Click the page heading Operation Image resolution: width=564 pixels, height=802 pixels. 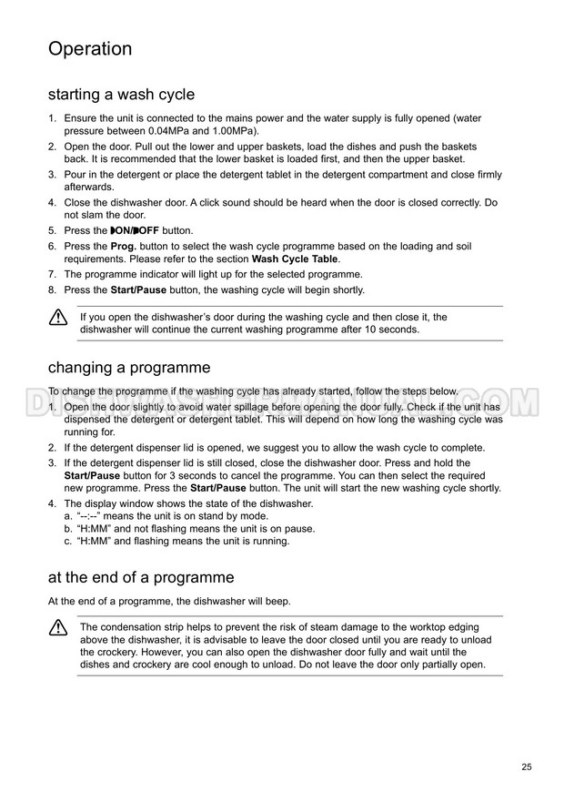[x=90, y=49]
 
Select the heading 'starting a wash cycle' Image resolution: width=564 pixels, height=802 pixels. [x=121, y=94]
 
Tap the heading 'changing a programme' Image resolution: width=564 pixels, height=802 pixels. [x=128, y=368]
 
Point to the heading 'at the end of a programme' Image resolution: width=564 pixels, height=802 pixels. [x=140, y=577]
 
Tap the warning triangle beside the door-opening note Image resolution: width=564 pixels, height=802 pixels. [x=58, y=318]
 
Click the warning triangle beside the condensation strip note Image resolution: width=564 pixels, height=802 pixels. [x=58, y=627]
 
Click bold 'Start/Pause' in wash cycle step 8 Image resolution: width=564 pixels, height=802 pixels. [x=138, y=289]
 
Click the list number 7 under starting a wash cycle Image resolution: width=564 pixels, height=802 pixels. [x=52, y=274]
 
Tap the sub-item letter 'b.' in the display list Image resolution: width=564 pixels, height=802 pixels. [x=68, y=528]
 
